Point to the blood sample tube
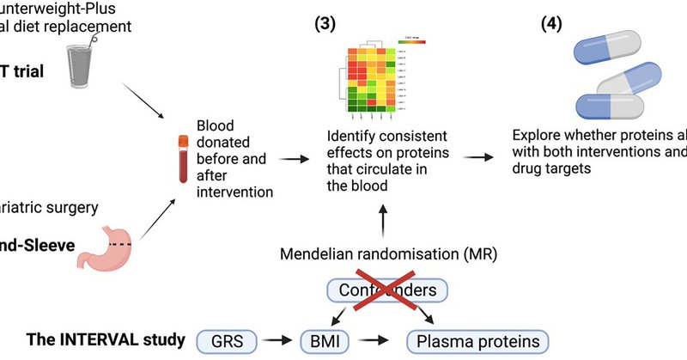pos(182,158)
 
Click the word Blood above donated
pos(216,124)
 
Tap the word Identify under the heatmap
pos(355,135)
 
